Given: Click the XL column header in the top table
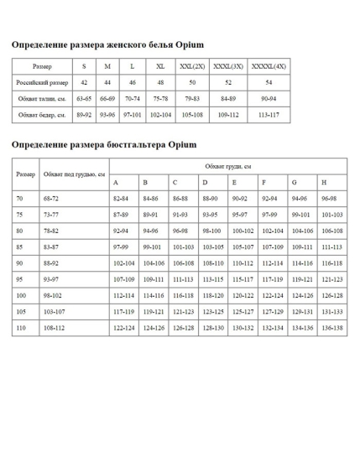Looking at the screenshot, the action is [160, 66].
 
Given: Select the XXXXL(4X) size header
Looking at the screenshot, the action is [269, 66].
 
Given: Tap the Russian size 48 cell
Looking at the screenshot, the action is [160, 83].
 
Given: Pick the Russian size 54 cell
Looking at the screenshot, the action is [269, 83].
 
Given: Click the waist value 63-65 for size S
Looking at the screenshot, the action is [84, 99].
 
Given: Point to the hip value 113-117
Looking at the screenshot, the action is [269, 114].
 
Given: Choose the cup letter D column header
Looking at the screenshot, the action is [205, 182].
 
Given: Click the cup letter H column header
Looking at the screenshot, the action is [324, 182].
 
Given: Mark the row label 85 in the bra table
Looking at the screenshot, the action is [19, 247].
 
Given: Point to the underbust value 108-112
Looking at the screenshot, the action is [55, 327].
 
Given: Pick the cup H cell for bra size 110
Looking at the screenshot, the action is [332, 327].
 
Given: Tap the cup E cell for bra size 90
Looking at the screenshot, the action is [243, 262].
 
